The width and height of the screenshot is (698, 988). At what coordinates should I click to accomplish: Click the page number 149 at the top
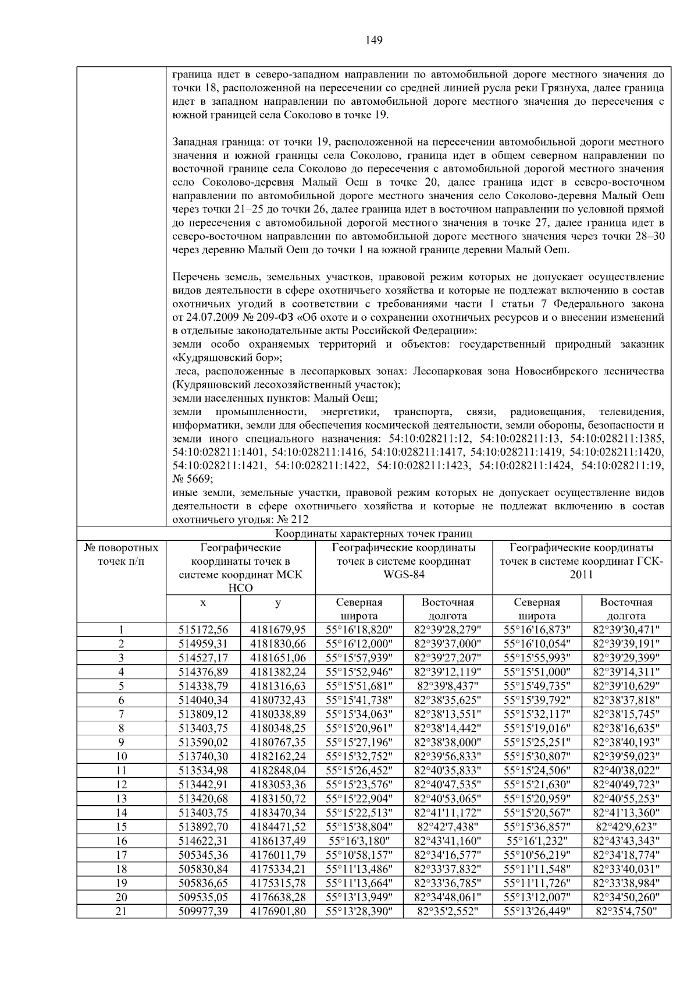[x=374, y=40]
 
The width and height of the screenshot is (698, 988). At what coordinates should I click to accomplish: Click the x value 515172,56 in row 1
[x=203, y=630]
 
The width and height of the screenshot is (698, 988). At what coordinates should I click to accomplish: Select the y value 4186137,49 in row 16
[x=278, y=841]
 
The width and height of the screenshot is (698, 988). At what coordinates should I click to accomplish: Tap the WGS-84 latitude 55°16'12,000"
[x=359, y=644]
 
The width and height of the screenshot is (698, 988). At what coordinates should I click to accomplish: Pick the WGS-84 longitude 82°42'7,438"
[x=448, y=827]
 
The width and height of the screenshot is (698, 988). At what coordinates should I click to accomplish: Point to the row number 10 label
[x=121, y=756]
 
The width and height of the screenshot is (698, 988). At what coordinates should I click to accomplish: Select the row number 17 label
[x=121, y=855]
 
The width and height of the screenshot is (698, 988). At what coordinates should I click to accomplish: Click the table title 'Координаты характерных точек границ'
[x=374, y=533]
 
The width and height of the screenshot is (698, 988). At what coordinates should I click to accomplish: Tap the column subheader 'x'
[x=203, y=603]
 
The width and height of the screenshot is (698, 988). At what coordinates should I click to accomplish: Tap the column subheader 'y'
[x=278, y=603]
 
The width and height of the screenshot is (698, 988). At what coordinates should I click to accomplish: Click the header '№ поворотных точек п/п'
[x=121, y=554]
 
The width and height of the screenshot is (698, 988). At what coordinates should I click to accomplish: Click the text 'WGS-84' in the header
[x=404, y=575]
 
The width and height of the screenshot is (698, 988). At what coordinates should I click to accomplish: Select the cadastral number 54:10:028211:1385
[x=617, y=438]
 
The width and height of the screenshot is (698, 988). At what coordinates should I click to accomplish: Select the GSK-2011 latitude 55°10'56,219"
[x=537, y=855]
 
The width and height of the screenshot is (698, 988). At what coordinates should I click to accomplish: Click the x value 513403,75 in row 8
[x=203, y=728]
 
